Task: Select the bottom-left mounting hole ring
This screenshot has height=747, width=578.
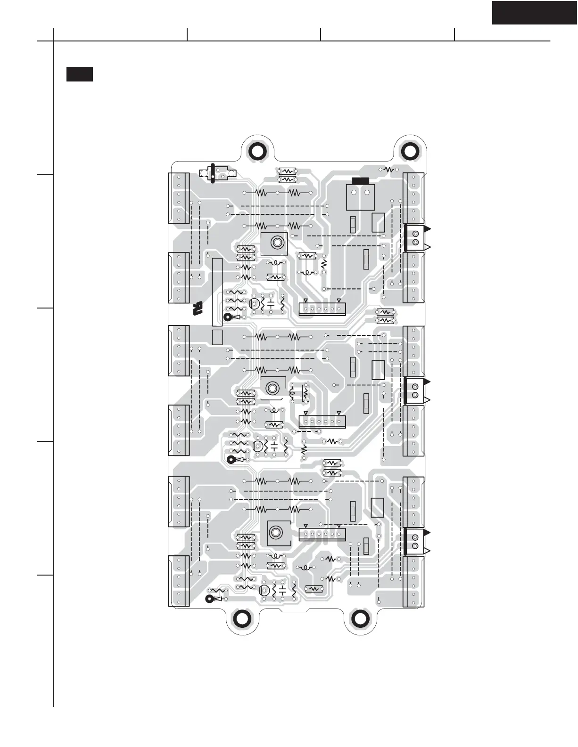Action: coord(243,618)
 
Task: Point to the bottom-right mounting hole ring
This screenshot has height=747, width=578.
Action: coord(361,618)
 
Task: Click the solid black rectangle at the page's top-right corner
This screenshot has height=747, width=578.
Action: coord(535,13)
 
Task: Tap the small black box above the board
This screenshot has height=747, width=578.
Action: coord(79,74)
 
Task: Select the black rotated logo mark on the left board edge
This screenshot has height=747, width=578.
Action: coord(198,309)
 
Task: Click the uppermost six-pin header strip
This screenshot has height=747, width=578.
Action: coord(322,309)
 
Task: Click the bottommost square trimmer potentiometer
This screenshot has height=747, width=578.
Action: coord(275,533)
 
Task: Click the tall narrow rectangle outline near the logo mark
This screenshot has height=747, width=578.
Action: coord(217,292)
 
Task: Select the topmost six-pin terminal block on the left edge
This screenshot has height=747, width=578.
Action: coord(179,198)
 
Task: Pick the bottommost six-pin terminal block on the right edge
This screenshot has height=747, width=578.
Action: coord(413,582)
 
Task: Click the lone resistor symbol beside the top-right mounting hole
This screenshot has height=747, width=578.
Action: coord(388,169)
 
